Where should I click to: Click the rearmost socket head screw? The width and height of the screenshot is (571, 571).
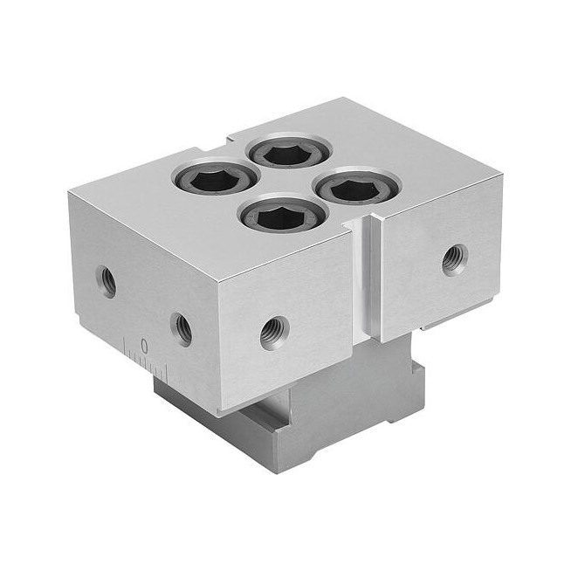click(289, 152)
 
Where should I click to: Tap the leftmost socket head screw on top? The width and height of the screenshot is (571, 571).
click(215, 178)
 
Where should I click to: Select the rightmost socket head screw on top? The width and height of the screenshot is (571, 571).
click(358, 187)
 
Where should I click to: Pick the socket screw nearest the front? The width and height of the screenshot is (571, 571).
click(283, 215)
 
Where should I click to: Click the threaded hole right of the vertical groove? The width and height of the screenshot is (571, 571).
click(455, 260)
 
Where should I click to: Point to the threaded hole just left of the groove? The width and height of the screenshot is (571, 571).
click(275, 333)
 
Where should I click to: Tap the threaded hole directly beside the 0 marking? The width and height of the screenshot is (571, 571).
click(181, 329)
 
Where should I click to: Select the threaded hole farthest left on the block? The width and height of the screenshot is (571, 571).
click(106, 281)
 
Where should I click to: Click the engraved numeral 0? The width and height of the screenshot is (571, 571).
click(144, 346)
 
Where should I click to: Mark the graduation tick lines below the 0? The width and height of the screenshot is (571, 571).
click(146, 361)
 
